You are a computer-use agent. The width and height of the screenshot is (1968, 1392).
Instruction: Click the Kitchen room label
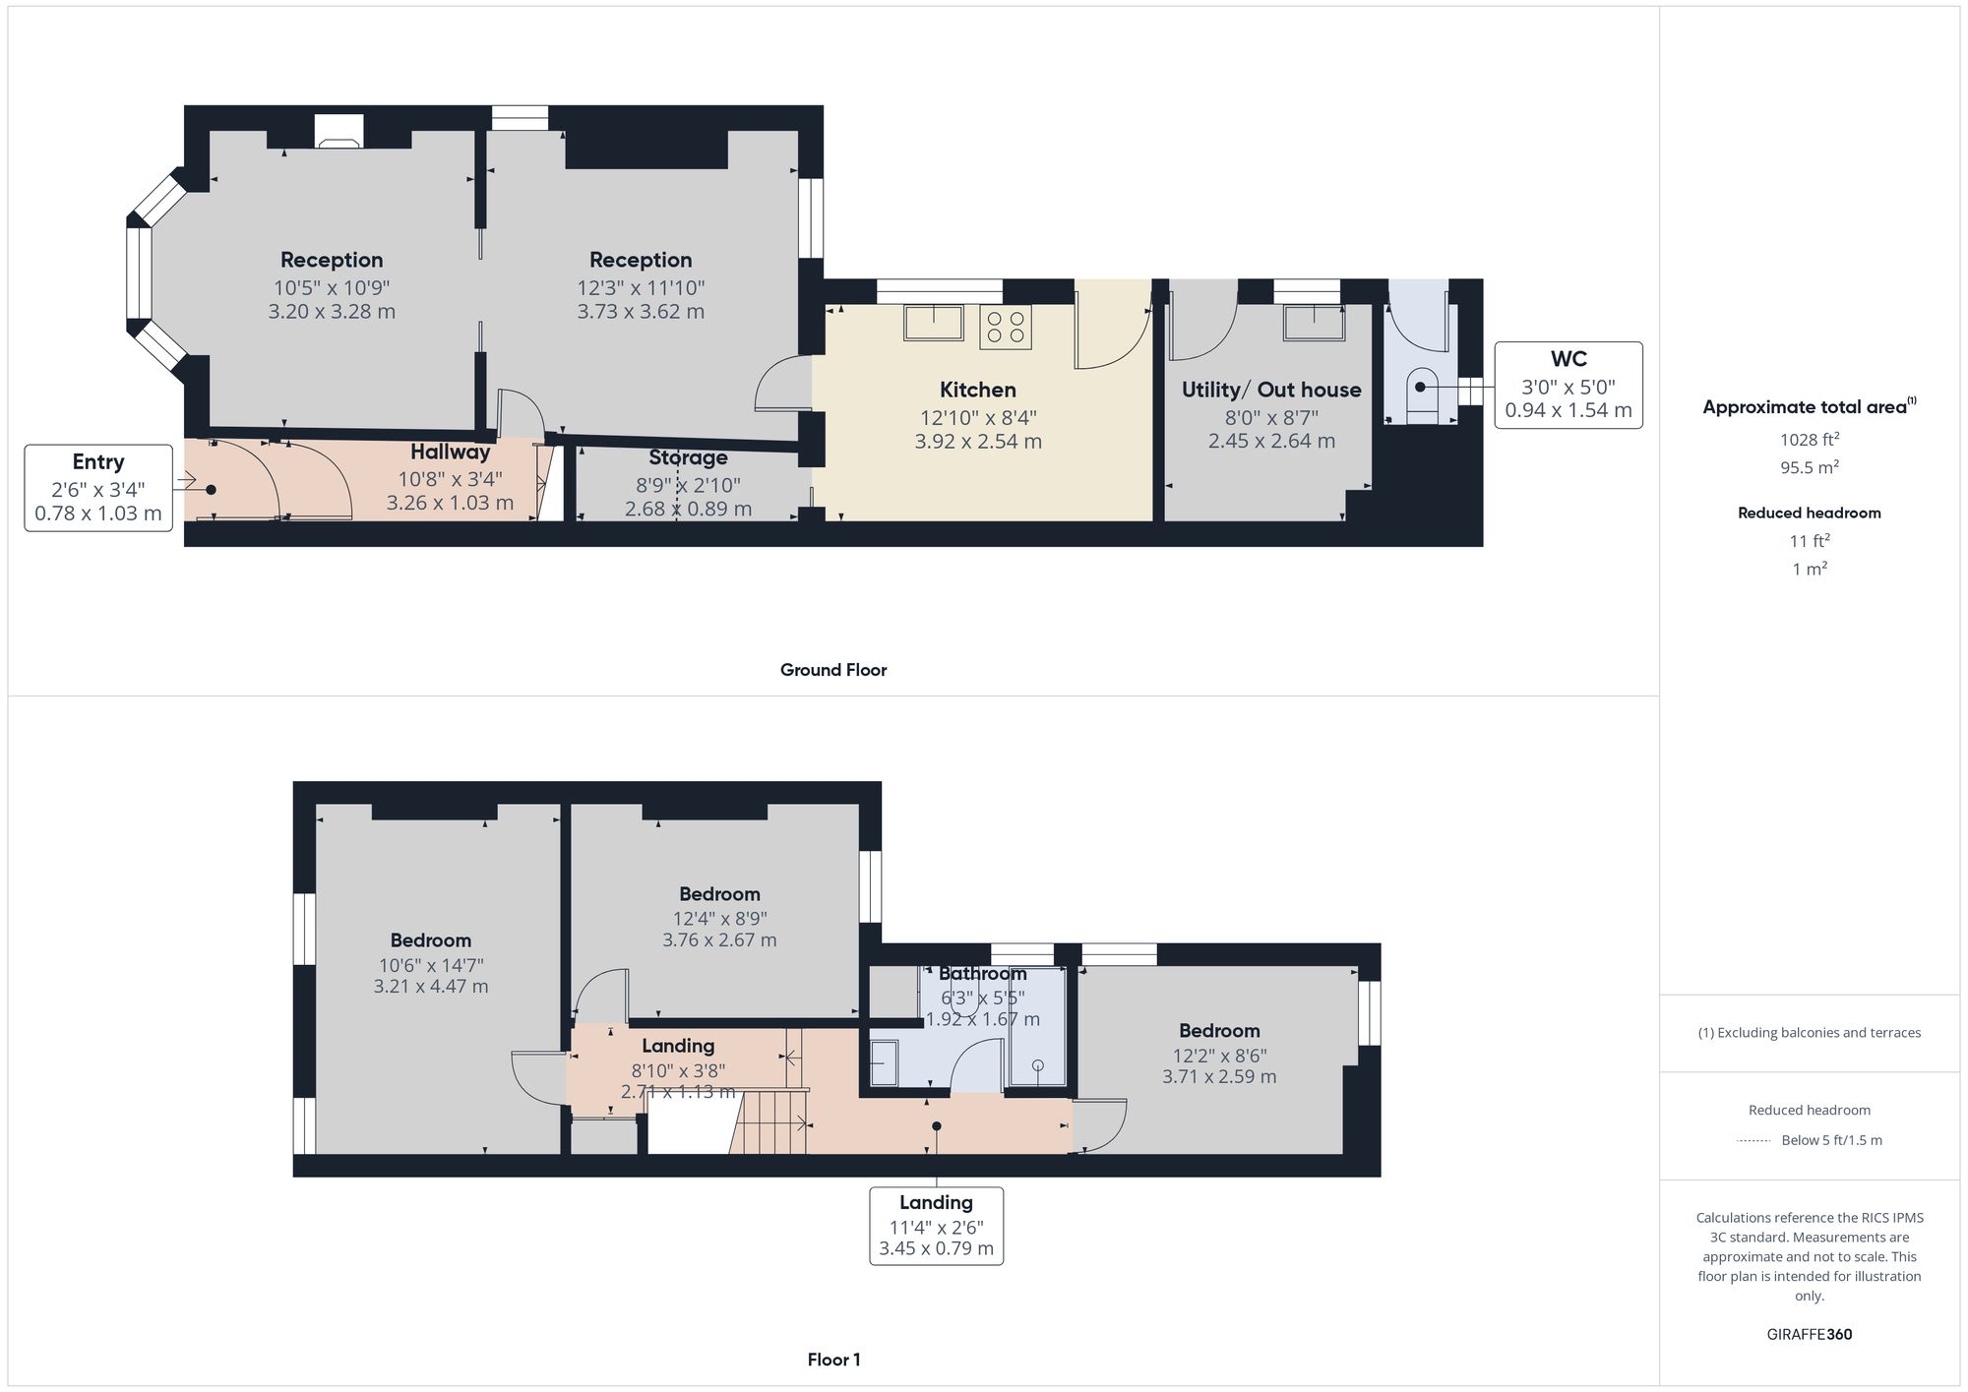click(x=977, y=390)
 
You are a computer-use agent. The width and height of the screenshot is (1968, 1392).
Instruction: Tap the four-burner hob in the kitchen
click(x=1005, y=328)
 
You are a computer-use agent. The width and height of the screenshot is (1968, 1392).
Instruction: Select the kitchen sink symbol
click(x=934, y=323)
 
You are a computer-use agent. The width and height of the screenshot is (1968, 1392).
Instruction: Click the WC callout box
click(x=1568, y=385)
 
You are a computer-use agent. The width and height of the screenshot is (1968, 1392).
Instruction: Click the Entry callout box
click(x=98, y=488)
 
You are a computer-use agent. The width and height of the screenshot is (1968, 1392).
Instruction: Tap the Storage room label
click(x=688, y=457)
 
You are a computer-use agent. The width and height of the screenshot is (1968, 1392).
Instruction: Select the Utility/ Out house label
click(x=1270, y=390)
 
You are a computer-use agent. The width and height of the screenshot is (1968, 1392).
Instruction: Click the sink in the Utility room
click(x=1314, y=323)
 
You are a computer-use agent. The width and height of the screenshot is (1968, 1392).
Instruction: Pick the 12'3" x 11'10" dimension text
click(x=641, y=288)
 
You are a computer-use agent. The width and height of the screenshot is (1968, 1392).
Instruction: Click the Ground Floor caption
click(x=832, y=670)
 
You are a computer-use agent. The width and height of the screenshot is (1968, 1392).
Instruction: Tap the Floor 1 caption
click(x=833, y=1360)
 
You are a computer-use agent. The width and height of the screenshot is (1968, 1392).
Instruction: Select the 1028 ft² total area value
click(x=1809, y=440)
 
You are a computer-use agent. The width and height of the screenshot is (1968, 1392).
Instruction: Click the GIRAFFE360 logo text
click(x=1809, y=1334)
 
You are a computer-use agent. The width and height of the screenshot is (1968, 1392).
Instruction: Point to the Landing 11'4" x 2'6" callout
click(x=936, y=1226)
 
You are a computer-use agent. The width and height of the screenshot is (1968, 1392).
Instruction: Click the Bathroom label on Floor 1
click(x=982, y=974)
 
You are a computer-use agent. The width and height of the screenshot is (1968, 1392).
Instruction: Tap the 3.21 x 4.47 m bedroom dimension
click(x=430, y=987)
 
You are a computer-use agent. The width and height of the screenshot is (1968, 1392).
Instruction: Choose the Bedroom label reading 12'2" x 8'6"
click(x=1219, y=1031)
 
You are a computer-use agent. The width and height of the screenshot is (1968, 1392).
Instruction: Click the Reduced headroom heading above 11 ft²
click(x=1809, y=513)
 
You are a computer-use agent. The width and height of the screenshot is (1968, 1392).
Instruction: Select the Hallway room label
click(x=450, y=453)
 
